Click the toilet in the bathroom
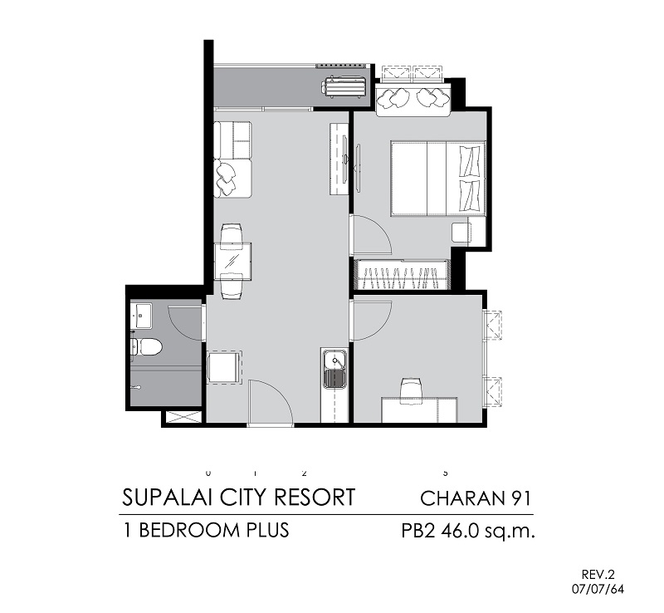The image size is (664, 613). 146,347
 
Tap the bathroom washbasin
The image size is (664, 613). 141,315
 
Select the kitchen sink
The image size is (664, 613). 335,369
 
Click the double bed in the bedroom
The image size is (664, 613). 438,179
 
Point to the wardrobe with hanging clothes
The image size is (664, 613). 402,275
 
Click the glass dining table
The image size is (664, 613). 232,261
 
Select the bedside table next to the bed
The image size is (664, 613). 461,233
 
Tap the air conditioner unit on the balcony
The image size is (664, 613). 344,87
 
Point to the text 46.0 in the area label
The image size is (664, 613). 461,531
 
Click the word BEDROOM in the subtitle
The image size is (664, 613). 189,530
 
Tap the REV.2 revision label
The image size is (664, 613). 598,575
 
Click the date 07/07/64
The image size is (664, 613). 598,589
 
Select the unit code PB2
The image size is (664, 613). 418,531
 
